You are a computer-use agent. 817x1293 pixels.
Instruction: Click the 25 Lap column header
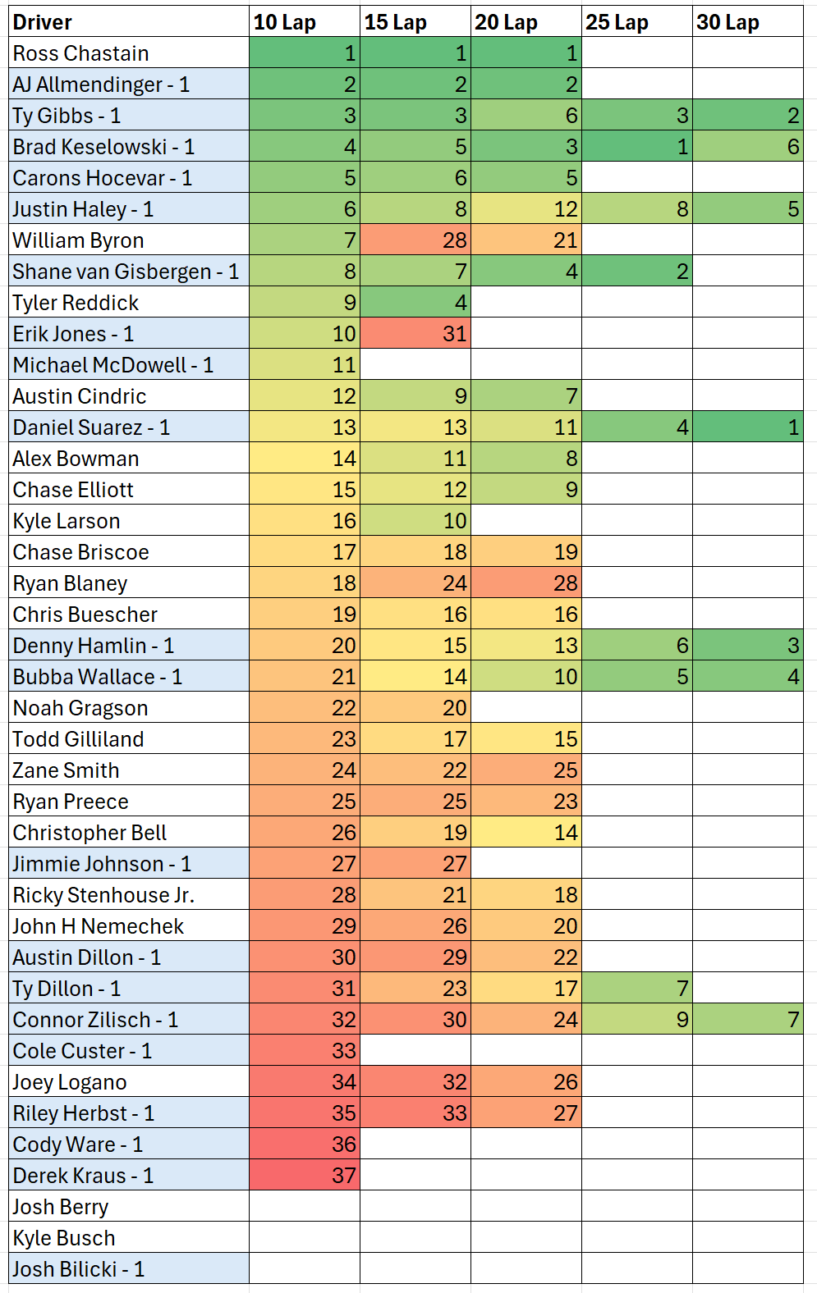(636, 22)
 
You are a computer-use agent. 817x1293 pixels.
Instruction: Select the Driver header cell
(129, 22)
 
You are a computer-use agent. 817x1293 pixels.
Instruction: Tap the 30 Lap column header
(747, 22)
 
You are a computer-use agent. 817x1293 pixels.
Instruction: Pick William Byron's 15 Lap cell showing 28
(415, 240)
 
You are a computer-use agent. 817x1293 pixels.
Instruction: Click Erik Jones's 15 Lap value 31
(415, 334)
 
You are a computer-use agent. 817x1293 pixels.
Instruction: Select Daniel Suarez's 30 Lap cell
(747, 427)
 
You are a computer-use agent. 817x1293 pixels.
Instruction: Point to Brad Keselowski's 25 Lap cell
(636, 147)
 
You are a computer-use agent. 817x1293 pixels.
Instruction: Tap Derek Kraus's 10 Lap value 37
(305, 1176)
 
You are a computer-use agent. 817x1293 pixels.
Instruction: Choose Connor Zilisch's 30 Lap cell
(747, 1020)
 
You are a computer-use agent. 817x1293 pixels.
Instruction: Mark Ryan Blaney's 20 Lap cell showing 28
(526, 583)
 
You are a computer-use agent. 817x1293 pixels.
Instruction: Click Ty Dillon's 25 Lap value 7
(636, 989)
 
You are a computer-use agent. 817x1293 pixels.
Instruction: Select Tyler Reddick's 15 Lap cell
(415, 303)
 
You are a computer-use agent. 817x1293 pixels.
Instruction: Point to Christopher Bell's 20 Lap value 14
(526, 833)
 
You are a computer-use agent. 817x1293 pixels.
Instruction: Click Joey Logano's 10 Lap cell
(305, 1082)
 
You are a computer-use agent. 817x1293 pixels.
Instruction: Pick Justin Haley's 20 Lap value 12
(526, 209)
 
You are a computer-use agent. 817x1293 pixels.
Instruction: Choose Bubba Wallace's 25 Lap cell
(636, 677)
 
